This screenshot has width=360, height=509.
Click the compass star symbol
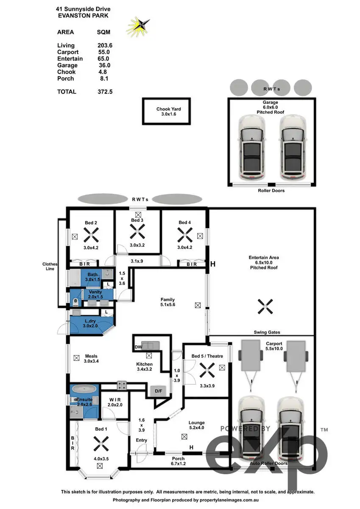click(x=139, y=26)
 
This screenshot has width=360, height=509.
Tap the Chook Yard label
click(x=168, y=109)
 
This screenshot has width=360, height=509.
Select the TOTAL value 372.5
click(x=105, y=92)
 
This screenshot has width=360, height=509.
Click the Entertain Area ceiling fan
click(x=264, y=306)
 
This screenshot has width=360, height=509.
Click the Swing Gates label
click(x=267, y=333)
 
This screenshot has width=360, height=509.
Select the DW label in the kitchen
click(x=138, y=347)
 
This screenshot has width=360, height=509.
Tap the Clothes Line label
click(x=50, y=266)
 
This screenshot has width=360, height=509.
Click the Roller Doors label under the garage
click(x=271, y=190)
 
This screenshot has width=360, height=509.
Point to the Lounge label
click(x=196, y=422)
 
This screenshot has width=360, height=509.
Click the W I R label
click(x=115, y=400)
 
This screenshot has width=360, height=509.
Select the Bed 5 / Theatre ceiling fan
click(x=207, y=373)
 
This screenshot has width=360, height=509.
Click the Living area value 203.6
click(x=105, y=45)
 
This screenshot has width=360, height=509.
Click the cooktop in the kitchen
click(x=123, y=386)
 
